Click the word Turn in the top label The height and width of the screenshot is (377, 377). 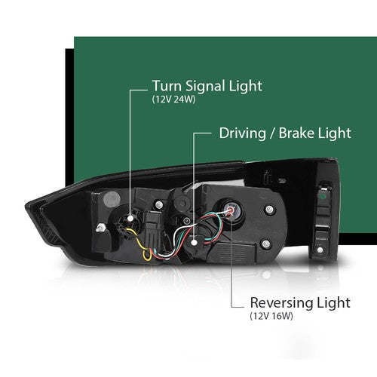point(167,86)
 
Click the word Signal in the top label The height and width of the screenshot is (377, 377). point(202,87)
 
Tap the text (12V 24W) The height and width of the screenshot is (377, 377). point(173,100)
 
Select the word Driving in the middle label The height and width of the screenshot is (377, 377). point(243,133)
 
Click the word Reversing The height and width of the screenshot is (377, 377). point(281,303)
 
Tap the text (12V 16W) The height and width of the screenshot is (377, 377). point(271,316)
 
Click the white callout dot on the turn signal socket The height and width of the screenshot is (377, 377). point(130,218)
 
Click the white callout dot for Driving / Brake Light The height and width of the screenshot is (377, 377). point(194,243)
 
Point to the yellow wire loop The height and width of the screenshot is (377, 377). point(142,243)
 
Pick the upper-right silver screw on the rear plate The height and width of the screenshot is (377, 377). point(269,209)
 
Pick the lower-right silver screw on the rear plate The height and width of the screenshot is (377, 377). point(266,244)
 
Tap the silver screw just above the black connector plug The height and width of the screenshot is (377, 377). point(159,205)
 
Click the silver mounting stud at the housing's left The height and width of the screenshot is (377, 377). point(100,228)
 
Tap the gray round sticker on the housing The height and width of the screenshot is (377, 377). point(112,198)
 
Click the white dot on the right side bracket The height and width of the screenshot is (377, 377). point(320,250)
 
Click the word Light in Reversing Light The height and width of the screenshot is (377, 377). point(333,303)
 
